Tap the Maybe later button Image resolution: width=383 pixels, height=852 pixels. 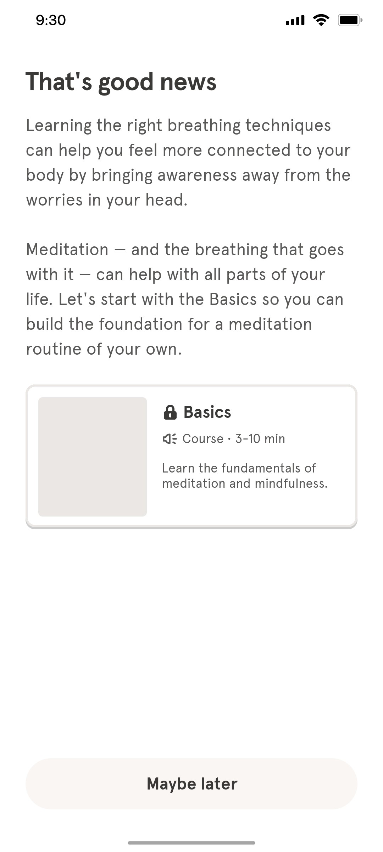pos(191,784)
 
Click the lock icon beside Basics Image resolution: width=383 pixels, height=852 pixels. pos(170,413)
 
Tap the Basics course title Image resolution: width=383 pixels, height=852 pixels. pos(207,413)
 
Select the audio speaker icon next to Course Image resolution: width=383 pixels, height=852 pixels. pos(170,439)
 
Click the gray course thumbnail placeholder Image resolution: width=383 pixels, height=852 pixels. pos(93,457)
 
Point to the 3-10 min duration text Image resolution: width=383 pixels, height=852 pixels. pos(260,439)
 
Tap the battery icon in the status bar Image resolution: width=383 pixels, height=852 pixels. pos(350,20)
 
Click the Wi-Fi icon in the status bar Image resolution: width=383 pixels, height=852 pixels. pos(321,20)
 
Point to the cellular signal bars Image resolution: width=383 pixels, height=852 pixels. pos(295,21)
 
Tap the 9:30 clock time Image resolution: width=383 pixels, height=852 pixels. pos(51,20)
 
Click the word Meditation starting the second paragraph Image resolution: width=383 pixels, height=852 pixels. pos(67,250)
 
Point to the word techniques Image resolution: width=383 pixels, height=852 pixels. pos(288,125)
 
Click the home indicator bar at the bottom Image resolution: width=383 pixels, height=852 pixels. pos(191,842)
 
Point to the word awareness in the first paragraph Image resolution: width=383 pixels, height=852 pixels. pos(197,175)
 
